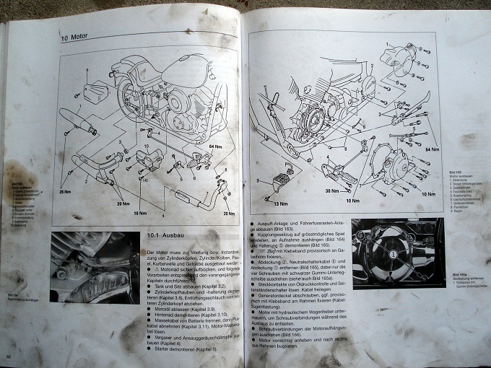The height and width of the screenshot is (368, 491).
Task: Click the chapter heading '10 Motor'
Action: (x=77, y=38)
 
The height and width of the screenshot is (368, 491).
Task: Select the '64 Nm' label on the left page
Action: (x=216, y=147)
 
